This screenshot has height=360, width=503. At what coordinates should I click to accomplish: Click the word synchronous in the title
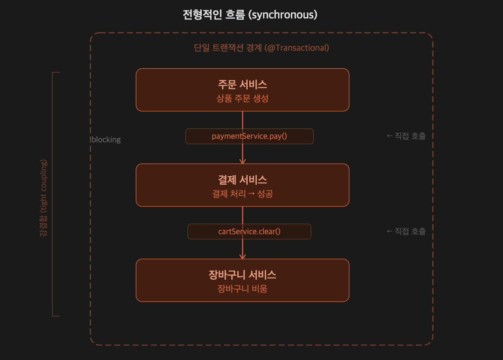point(283,15)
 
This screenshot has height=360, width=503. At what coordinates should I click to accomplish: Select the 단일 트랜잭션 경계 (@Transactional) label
point(261,48)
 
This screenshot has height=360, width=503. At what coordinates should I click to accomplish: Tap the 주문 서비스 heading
point(242,84)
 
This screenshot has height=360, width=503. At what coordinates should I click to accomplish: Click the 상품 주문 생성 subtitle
point(242,98)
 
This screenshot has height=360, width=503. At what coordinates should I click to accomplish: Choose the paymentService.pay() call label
point(249,136)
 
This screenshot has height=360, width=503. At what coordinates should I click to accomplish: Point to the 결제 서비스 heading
point(242,180)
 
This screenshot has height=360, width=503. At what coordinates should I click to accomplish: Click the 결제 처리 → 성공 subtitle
point(242,194)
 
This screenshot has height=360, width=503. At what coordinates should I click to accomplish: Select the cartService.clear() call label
point(249,232)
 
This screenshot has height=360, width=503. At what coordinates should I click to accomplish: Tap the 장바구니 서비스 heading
point(242,275)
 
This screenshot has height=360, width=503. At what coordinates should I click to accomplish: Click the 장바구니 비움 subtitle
point(242,289)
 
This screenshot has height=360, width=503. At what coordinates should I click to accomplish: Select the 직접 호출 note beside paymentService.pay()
point(406,136)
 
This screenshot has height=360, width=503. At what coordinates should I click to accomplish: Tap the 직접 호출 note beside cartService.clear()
point(406,231)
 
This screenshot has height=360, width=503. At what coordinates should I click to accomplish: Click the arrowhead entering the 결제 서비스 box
point(242,161)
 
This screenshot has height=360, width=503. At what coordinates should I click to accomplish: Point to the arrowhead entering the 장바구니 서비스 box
point(242,256)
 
